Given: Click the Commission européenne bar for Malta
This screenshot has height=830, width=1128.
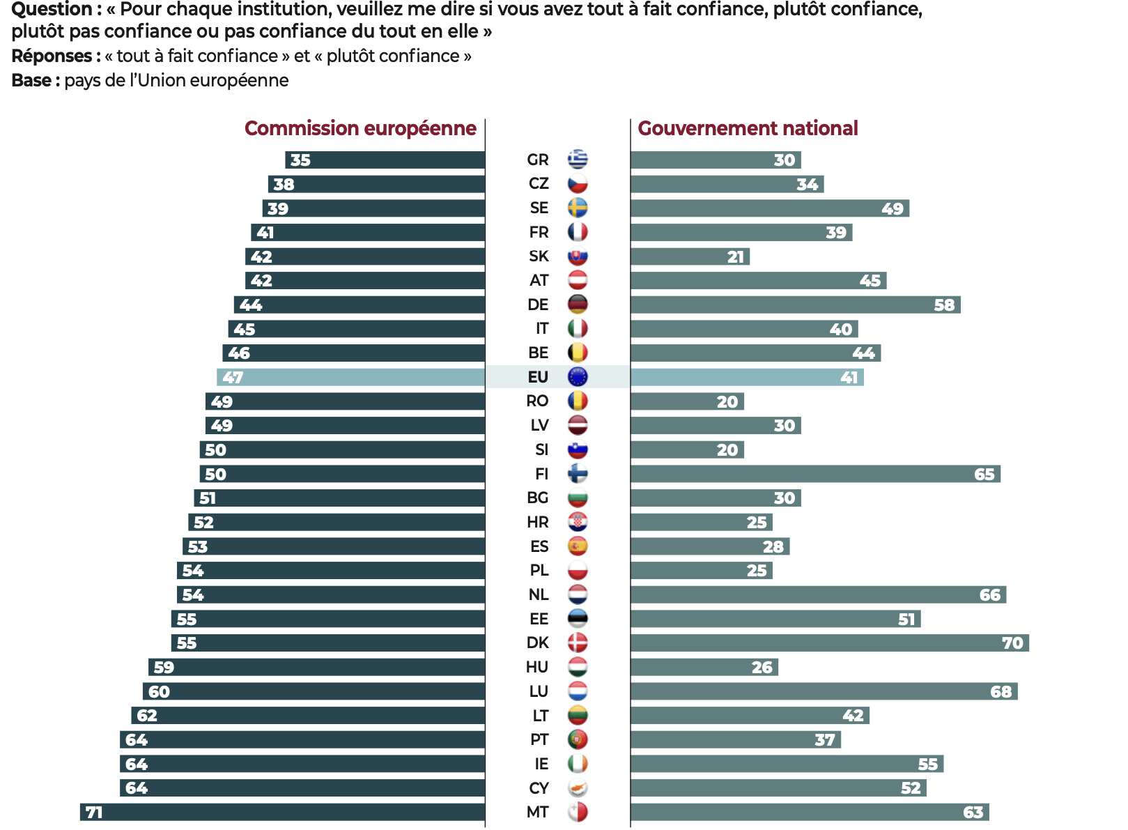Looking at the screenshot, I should [282, 812].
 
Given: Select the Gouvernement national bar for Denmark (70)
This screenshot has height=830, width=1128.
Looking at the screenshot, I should [829, 643].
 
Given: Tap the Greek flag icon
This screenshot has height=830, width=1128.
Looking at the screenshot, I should [578, 160].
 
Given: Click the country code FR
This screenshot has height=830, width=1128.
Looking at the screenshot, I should [539, 232].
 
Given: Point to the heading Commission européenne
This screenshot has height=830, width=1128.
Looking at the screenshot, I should [360, 128].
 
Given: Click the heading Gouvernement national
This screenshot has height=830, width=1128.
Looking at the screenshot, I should [748, 128].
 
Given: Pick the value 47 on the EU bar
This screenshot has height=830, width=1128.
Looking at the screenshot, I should [233, 378].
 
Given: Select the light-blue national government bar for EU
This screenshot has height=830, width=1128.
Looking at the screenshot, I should [747, 377].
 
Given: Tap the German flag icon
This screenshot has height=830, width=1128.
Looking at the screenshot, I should [578, 305].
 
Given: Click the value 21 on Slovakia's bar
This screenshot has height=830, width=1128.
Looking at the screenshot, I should [736, 257].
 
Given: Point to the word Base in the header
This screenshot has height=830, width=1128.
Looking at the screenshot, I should [31, 81].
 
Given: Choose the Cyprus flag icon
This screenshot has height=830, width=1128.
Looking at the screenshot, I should [578, 788].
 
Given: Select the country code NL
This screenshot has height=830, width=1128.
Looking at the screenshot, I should [539, 594].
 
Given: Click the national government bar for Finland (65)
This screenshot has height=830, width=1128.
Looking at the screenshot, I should [815, 474].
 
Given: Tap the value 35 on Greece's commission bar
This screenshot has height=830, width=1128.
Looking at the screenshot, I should [300, 160].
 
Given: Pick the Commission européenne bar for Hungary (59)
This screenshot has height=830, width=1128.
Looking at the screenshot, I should [317, 667].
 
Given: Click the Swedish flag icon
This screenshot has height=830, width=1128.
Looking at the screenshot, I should [578, 208].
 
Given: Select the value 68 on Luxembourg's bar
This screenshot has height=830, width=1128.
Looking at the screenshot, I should [1000, 692].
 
